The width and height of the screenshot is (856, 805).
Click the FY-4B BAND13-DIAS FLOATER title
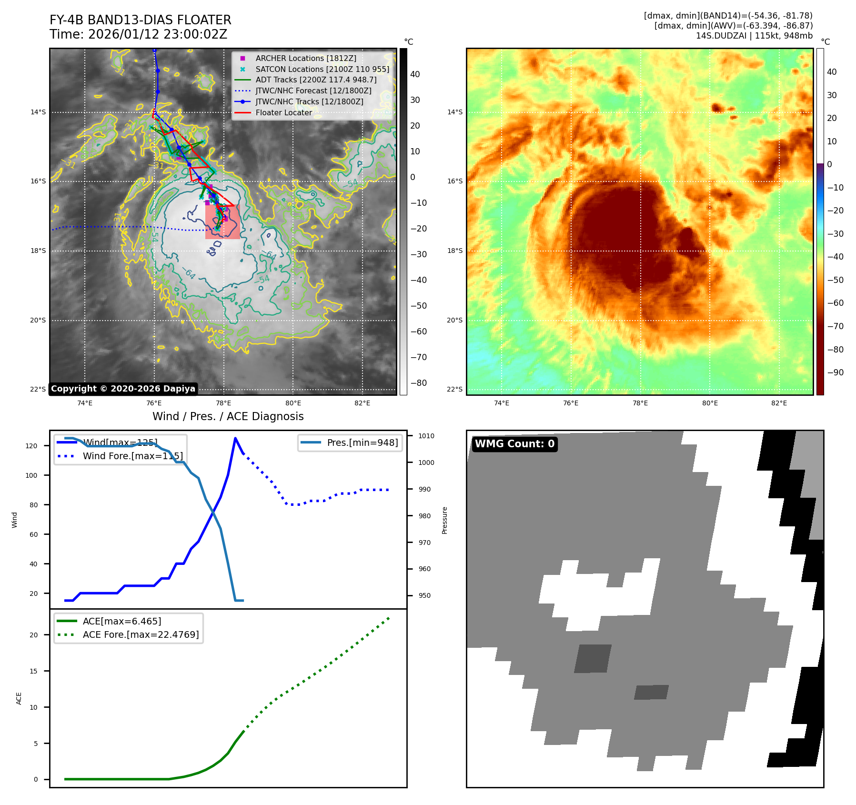[x=140, y=20]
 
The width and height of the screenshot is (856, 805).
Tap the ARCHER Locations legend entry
[x=305, y=58]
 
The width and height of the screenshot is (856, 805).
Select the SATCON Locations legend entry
[x=322, y=69]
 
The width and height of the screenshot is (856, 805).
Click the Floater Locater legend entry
[x=283, y=112]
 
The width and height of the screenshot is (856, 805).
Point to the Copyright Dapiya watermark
[x=123, y=389]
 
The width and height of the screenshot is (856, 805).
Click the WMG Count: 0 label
[x=514, y=444]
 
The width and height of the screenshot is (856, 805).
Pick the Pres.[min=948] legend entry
[x=362, y=443]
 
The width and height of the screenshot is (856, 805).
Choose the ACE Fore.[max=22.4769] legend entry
[x=141, y=634]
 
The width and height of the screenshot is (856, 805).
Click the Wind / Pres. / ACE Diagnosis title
[x=228, y=416]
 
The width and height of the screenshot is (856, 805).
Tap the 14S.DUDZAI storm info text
[x=754, y=36]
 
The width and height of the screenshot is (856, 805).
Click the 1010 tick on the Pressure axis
[x=426, y=436]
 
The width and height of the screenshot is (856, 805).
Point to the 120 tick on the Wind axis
[x=31, y=446]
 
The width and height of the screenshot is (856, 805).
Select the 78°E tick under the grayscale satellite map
[x=223, y=403]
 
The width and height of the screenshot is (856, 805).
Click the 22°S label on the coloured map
[x=454, y=389]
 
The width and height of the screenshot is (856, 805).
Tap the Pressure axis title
[x=444, y=520]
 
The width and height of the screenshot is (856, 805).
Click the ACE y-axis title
[x=19, y=698]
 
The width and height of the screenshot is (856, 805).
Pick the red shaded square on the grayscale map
[x=222, y=221]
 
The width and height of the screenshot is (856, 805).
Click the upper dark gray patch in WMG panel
[x=593, y=658]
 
